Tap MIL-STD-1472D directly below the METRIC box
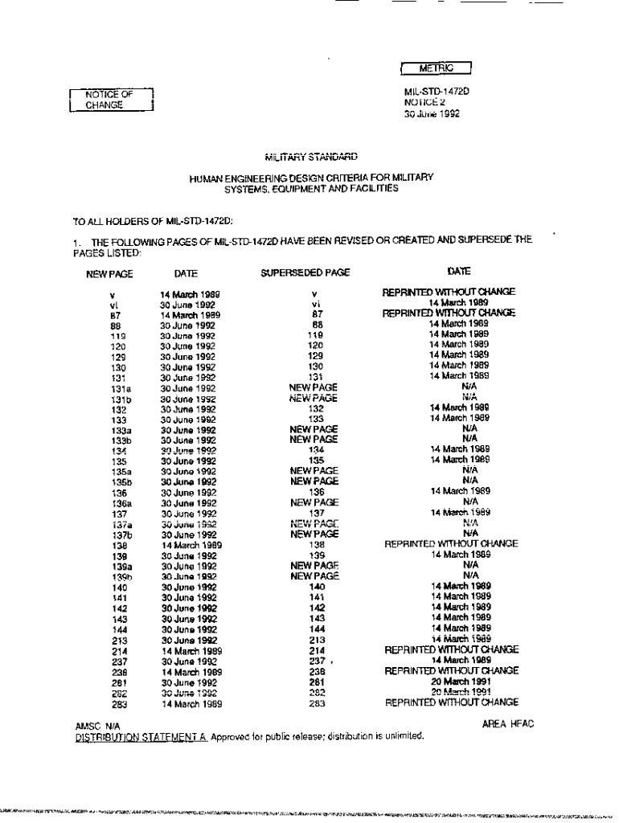(x=437, y=92)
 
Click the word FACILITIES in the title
(x=370, y=189)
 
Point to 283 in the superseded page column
(x=317, y=703)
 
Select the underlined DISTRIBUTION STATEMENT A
(x=141, y=735)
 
